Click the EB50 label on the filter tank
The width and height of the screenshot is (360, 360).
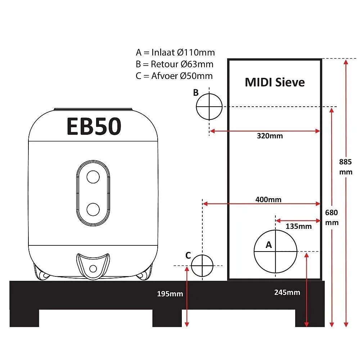coord(94,126)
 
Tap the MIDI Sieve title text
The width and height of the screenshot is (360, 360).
coord(275,82)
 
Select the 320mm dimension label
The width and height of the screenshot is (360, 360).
coord(270,136)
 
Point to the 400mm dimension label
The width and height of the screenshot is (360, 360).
coord(269,199)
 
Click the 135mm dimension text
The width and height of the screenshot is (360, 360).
coord(298,226)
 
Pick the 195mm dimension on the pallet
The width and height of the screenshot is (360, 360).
coord(170,294)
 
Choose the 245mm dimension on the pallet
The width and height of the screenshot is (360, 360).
coord(287,292)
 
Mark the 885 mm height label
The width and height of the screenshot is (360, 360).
coord(346,167)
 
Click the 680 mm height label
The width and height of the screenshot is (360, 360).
coord(332,217)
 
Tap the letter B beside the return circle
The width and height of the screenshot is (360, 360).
coord(195,93)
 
